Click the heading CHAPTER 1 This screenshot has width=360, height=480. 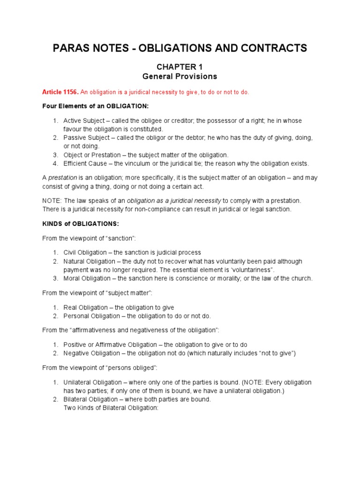[x=180, y=67]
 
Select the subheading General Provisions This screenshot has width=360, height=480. [x=180, y=76]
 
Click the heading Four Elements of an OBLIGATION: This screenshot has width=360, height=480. [x=95, y=106]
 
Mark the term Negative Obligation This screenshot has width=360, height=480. [x=91, y=353]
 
